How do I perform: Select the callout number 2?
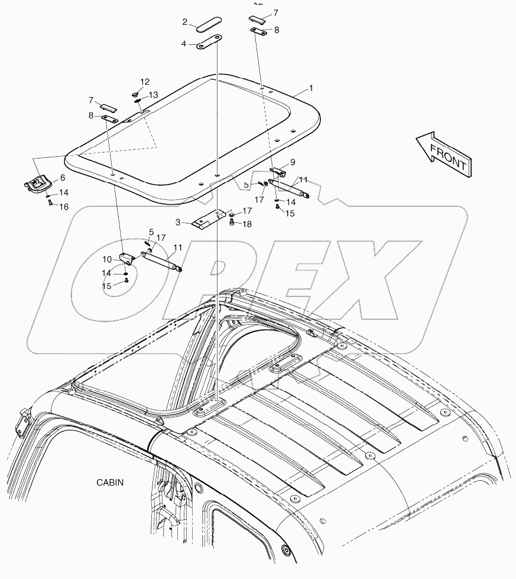(x=185, y=22)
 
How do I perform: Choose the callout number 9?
(x=292, y=162)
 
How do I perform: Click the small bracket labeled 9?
(x=278, y=172)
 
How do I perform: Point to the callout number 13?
(x=152, y=95)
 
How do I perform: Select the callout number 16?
(x=64, y=206)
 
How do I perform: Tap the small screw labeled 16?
(x=50, y=203)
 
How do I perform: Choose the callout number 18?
(x=246, y=224)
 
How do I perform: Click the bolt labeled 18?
(x=232, y=222)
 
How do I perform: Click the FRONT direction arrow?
(x=443, y=154)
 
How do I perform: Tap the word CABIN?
(x=111, y=482)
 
